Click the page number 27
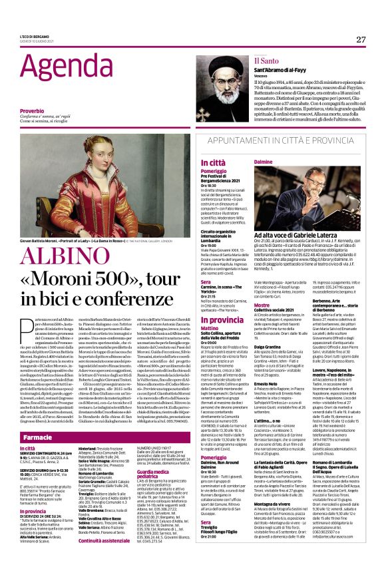click(x=361, y=39)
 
